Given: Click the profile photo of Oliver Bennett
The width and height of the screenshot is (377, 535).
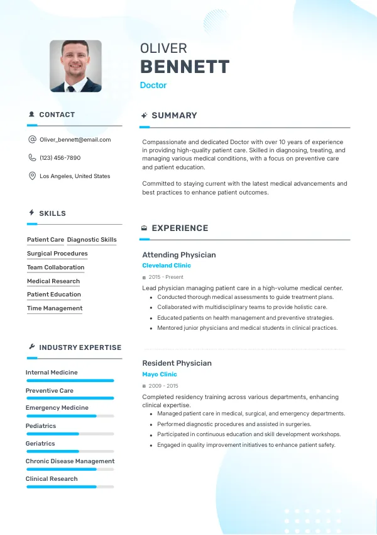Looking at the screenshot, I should click(x=75, y=66).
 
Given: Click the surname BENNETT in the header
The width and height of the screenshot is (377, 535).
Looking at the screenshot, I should click(x=184, y=67).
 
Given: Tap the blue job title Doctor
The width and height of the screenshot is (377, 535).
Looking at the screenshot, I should click(x=153, y=85).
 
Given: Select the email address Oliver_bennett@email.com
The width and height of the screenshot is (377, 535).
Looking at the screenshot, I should click(x=75, y=140).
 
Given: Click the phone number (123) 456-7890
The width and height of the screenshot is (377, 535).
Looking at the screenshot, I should click(x=60, y=158).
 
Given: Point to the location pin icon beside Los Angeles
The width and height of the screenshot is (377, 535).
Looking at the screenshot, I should click(x=32, y=176).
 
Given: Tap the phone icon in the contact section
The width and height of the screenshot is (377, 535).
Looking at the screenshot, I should click(x=32, y=158).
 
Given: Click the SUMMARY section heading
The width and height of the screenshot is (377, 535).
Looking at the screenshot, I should click(x=174, y=116).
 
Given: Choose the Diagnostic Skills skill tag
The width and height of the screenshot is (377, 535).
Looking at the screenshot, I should click(x=92, y=240).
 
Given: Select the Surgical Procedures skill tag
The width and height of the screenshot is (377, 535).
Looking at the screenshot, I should click(x=57, y=254).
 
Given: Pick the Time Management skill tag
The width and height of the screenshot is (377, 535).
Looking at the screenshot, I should click(x=55, y=308).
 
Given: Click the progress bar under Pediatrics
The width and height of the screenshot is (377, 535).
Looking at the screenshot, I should click(x=70, y=434).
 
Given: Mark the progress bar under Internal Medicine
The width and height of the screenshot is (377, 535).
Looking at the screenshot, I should click(x=70, y=380).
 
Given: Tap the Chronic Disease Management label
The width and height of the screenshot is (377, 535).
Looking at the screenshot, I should click(x=70, y=461).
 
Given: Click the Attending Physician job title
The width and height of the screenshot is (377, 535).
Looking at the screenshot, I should click(x=179, y=255).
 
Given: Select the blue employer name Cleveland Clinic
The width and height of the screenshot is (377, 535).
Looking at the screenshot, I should click(x=167, y=266).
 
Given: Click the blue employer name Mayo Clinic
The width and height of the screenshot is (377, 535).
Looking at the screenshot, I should click(x=160, y=374).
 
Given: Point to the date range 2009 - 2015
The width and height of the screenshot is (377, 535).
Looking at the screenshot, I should click(x=163, y=386).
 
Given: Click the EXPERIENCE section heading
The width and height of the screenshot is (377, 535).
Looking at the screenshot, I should click(x=180, y=228).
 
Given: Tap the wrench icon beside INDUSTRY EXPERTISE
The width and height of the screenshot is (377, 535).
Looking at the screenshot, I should click(x=31, y=347).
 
